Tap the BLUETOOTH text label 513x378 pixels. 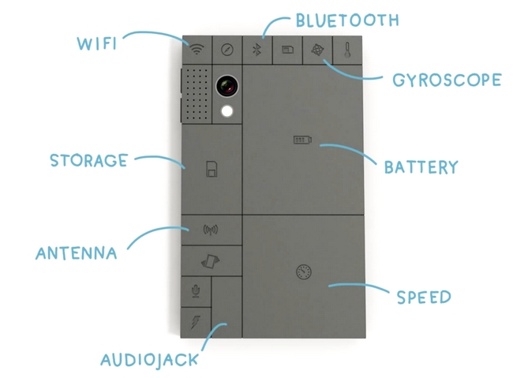click(347, 20)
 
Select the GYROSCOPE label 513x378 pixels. click(446, 80)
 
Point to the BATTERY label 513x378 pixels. click(421, 167)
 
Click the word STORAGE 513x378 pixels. click(88, 161)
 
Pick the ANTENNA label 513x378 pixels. click(77, 253)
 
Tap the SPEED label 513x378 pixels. click(424, 298)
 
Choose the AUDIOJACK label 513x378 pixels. click(149, 361)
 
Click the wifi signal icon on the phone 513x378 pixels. click(197, 50)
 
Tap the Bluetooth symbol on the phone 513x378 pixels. click(256, 50)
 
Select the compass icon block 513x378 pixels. click(227, 50)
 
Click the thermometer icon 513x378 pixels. click(346, 50)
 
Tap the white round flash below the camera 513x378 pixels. click(228, 111)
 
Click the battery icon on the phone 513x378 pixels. click(302, 140)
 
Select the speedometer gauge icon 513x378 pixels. click(304, 272)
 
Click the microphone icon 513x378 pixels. click(196, 291)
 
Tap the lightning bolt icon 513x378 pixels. click(195, 322)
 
